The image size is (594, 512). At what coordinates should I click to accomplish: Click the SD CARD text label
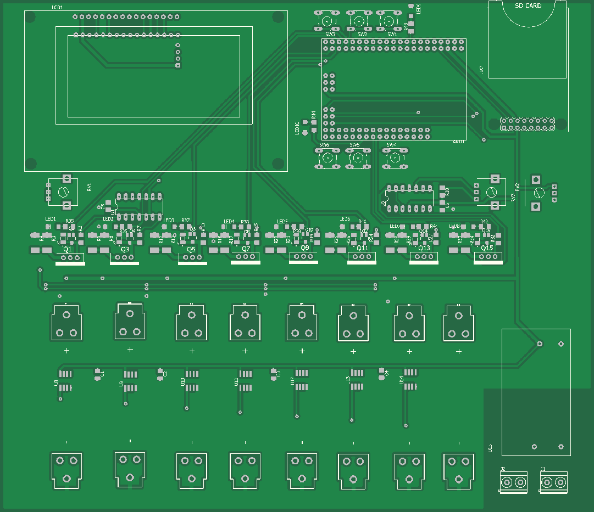pos(528,6)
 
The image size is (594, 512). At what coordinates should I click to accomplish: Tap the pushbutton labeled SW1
pos(389,21)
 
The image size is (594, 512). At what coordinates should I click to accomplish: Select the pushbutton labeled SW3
pos(326,21)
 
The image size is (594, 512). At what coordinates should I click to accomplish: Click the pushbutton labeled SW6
pos(326,158)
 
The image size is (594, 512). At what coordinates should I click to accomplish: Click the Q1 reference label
pos(68,249)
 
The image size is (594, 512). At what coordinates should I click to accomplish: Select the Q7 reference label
pos(246,249)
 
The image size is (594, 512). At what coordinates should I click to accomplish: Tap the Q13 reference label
pos(424,248)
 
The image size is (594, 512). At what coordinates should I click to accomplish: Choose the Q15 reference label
pos(487,248)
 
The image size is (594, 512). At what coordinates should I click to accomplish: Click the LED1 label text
pos(51,218)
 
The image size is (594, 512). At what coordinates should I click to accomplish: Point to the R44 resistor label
pos(314,115)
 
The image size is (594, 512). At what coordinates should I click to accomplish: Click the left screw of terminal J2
pos(506,482)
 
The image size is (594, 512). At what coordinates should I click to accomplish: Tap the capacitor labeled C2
pos(160,374)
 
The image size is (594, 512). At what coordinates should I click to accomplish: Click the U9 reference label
pos(121,384)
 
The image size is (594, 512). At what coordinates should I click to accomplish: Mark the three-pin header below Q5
pos(192,258)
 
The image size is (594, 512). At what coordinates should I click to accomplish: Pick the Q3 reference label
pos(125,249)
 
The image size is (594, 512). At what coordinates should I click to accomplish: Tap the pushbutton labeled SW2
pos(358,21)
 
